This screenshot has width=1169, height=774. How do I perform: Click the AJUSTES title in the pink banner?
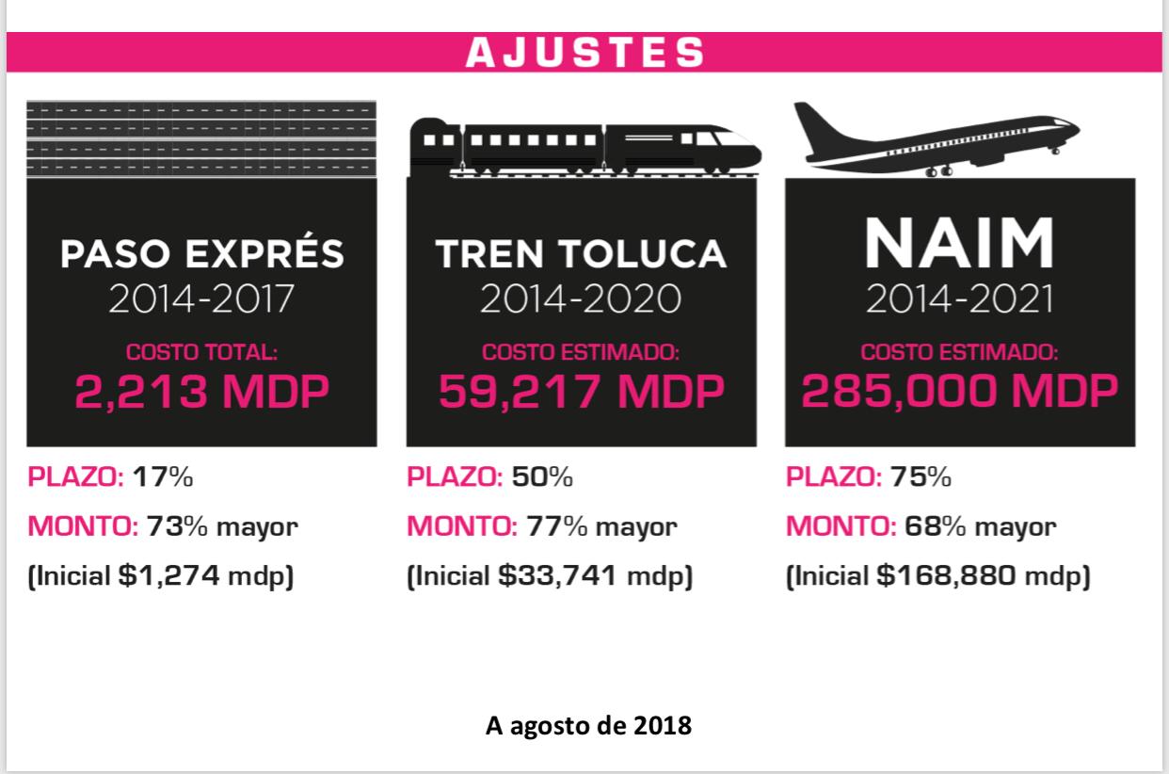[x=584, y=53]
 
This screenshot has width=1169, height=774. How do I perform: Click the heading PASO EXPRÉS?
[x=201, y=253]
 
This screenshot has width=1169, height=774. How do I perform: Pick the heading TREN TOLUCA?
[x=581, y=253]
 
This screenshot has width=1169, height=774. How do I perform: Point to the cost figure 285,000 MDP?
[x=959, y=391]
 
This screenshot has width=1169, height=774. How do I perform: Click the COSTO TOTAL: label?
[x=201, y=353]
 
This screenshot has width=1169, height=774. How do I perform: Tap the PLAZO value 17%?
[x=163, y=476]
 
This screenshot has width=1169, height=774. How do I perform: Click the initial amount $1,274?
[x=172, y=575]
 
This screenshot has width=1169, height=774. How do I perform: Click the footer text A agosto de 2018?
[x=588, y=726]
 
